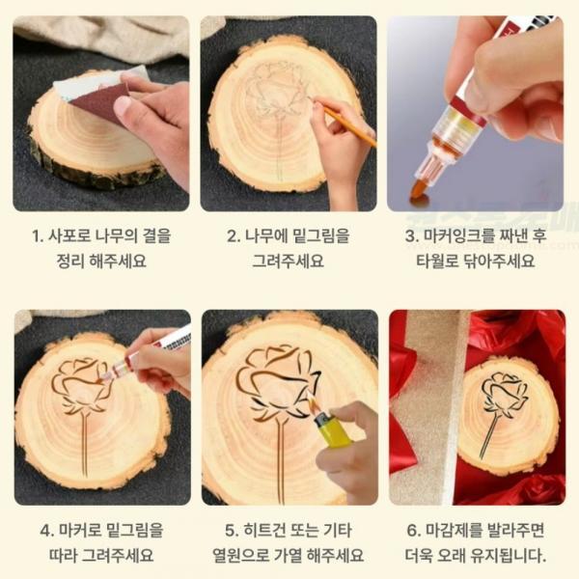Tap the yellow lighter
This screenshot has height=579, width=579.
[x=333, y=432]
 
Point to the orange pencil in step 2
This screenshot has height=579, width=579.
[x=349, y=124]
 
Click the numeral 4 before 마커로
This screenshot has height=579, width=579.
[x=45, y=531]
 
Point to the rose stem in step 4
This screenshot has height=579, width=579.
[x=85, y=444]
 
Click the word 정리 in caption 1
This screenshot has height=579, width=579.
[x=69, y=261]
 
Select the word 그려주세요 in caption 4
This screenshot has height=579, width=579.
[x=118, y=555]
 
